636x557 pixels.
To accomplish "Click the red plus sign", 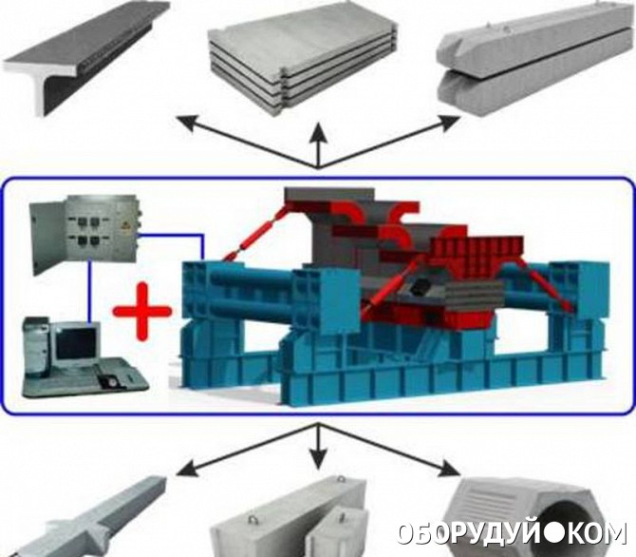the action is pyautogui.click(x=142, y=312).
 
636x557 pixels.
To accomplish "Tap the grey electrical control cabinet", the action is pyautogui.click(x=86, y=235).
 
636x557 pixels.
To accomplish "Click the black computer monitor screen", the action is pyautogui.click(x=76, y=344).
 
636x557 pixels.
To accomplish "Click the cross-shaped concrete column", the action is pyautogui.click(x=87, y=518).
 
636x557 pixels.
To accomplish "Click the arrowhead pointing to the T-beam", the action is pyautogui.click(x=187, y=124).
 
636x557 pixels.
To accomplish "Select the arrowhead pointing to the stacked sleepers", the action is pyautogui.click(x=449, y=123).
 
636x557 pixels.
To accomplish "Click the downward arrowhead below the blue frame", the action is pyautogui.click(x=319, y=458).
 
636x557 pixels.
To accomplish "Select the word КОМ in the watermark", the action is pyautogui.click(x=593, y=533).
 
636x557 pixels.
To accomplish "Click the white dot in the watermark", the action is pyautogui.click(x=552, y=534).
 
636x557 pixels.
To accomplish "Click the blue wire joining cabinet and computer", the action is pyautogui.click(x=90, y=292).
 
